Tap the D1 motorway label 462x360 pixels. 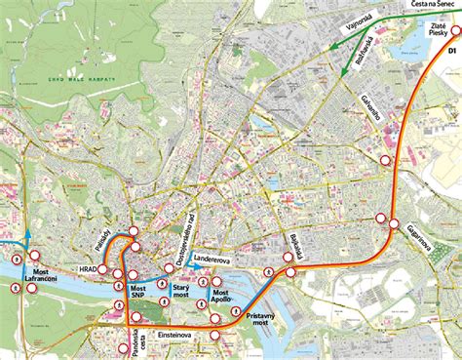[452, 50]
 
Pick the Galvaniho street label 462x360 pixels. [368, 116]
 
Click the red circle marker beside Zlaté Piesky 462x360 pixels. [454, 30]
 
